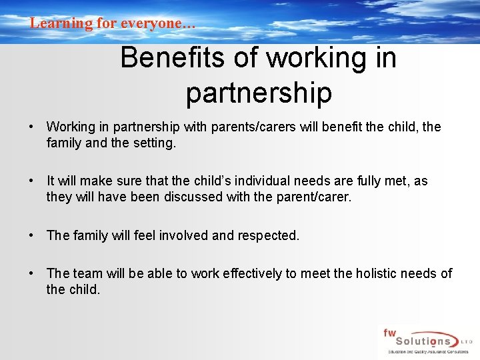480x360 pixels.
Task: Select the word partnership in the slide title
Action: pos(259,93)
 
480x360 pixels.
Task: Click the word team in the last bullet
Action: pos(87,273)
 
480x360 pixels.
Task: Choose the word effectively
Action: pos(251,273)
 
